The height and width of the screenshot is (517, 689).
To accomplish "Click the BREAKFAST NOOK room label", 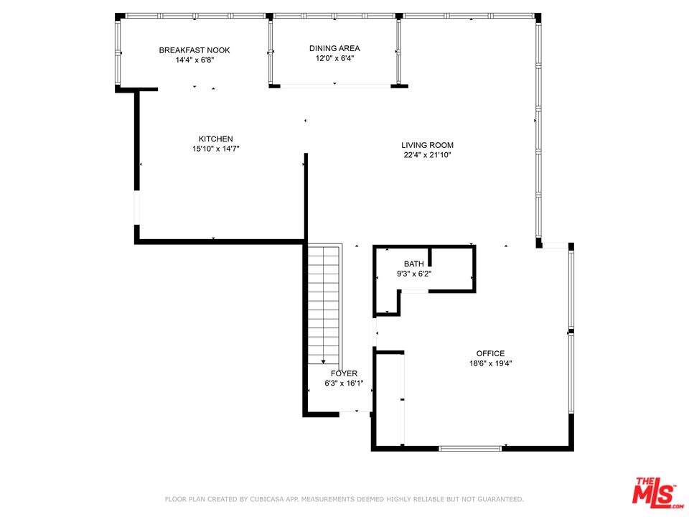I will tap(194, 50).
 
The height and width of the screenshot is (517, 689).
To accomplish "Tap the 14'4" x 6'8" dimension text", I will tap(194, 60).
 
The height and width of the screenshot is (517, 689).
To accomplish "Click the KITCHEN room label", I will tap(216, 139).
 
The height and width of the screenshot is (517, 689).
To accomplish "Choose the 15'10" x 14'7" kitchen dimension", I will tap(216, 149).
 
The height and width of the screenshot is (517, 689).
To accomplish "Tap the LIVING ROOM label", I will tap(427, 145).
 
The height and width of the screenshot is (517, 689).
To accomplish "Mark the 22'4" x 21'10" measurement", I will tap(427, 155).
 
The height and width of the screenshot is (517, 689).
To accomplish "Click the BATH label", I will tap(413, 264).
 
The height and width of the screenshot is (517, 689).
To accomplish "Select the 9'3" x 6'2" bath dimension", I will tap(413, 274).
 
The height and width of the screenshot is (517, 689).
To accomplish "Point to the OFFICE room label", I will tap(490, 353).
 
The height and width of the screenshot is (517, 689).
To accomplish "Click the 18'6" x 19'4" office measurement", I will tap(490, 363).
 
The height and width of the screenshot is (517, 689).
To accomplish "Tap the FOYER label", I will tap(344, 373).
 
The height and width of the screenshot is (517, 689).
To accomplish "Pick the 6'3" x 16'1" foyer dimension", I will tap(344, 383).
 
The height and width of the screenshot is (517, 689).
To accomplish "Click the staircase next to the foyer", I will tap(324, 302).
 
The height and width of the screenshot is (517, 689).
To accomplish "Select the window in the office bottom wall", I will tap(470, 449).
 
